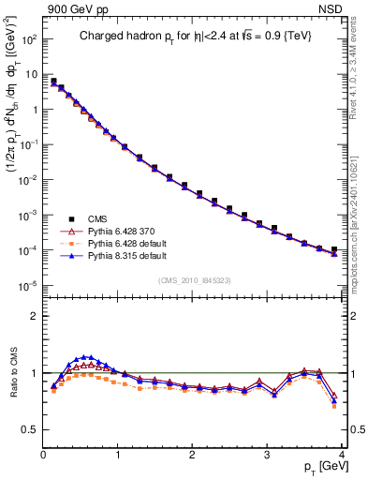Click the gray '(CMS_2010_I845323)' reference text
196,278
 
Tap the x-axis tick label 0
43,456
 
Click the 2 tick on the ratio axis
36,316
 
